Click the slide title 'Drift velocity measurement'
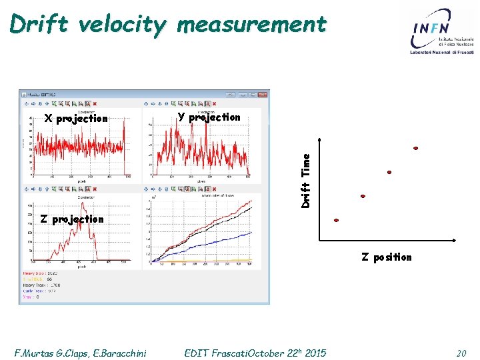coord(168,25)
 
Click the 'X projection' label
coord(75,119)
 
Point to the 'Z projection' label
coord(72,219)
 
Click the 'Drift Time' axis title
coord(306,180)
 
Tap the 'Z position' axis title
coord(387,257)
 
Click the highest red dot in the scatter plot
coord(416,148)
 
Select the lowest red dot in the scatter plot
coord(336,220)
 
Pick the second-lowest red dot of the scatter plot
coord(363,196)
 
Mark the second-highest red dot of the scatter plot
coord(389,172)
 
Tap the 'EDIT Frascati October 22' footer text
coord(255,353)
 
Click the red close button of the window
coord(95,103)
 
